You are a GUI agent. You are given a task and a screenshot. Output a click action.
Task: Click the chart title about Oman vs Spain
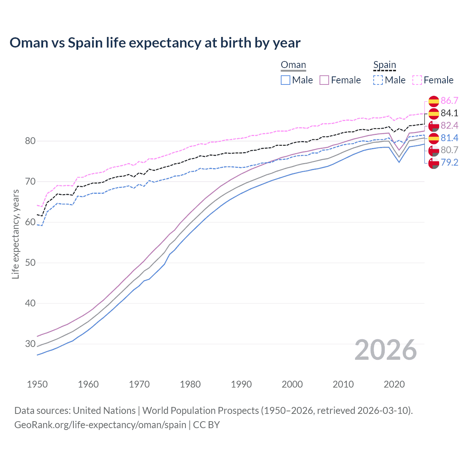click(155, 43)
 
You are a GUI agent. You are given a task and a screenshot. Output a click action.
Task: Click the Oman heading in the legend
click(293, 65)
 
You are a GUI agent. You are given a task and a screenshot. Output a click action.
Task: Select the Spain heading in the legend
click(385, 65)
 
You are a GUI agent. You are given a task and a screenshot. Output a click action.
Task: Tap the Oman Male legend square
click(286, 80)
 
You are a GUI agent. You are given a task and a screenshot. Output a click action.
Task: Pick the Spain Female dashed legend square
click(417, 80)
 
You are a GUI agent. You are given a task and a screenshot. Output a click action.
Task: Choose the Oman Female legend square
click(325, 80)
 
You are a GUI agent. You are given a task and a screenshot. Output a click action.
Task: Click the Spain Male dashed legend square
click(378, 80)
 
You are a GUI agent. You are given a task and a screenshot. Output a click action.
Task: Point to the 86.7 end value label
click(449, 101)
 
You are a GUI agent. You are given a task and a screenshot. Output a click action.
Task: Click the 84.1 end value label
click(449, 113)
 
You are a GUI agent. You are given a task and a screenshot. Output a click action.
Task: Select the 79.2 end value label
click(449, 163)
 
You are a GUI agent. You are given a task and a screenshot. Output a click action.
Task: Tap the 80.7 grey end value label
click(449, 150)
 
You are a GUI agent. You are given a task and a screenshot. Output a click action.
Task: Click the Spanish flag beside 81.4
click(434, 138)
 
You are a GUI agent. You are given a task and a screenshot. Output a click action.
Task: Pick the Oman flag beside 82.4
click(434, 126)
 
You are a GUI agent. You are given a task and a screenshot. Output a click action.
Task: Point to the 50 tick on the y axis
click(30, 263)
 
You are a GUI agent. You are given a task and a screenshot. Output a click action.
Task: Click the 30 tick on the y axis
click(30, 344)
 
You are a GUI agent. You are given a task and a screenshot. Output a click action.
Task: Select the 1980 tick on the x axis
click(190, 384)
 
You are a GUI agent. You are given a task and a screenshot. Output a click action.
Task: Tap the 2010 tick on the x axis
click(343, 384)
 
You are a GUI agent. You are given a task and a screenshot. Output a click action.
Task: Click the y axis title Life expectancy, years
click(15, 234)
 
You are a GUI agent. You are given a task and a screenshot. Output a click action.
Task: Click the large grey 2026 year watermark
click(385, 350)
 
